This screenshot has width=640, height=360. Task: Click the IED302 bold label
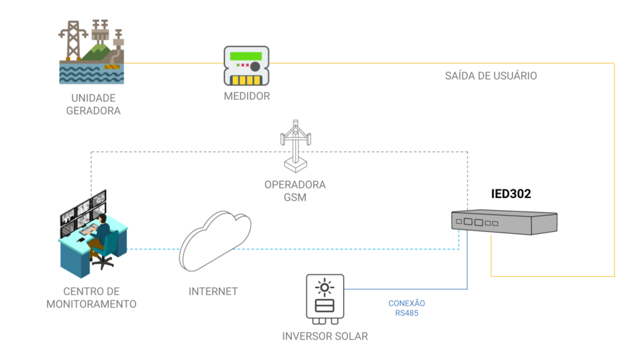511,194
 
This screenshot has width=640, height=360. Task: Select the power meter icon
246,66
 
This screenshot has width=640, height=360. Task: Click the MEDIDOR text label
246,96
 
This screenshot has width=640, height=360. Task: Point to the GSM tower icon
295,146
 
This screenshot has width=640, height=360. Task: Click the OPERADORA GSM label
295,191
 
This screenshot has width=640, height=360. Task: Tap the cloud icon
216,240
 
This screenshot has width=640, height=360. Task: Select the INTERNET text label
213,291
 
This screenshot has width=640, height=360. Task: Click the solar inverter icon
324,299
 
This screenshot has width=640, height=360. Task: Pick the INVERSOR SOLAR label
324,336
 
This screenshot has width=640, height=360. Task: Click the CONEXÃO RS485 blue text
406,308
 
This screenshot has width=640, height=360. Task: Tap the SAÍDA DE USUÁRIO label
491,76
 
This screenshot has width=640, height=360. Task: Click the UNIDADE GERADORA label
93,104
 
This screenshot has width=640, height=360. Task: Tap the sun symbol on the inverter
324,287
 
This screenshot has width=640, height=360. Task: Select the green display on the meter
244,56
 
